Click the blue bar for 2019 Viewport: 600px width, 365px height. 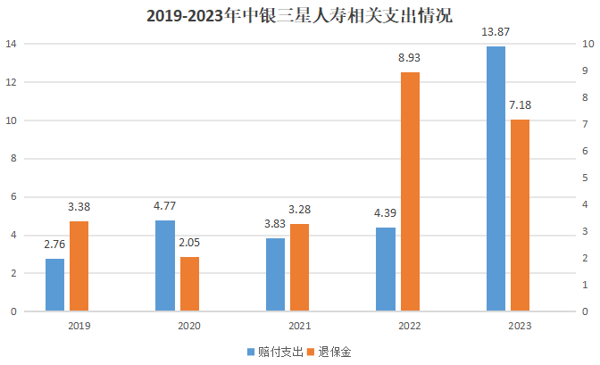click(55, 285)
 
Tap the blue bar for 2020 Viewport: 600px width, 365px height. click(165, 266)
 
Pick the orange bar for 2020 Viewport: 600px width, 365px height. click(189, 284)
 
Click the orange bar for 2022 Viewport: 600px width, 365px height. click(410, 192)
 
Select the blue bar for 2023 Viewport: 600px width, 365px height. click(496, 178)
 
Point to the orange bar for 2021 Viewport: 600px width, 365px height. click(299, 268)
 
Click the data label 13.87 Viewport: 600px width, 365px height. click(496, 33)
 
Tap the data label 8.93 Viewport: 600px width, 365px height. click(410, 59)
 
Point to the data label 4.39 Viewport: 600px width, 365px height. click(386, 213)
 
